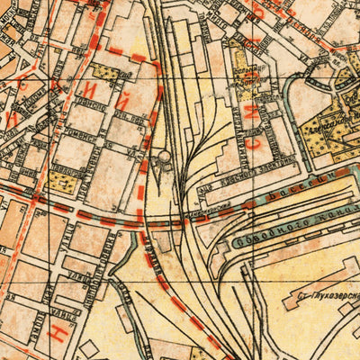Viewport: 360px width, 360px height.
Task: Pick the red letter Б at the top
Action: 258,9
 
